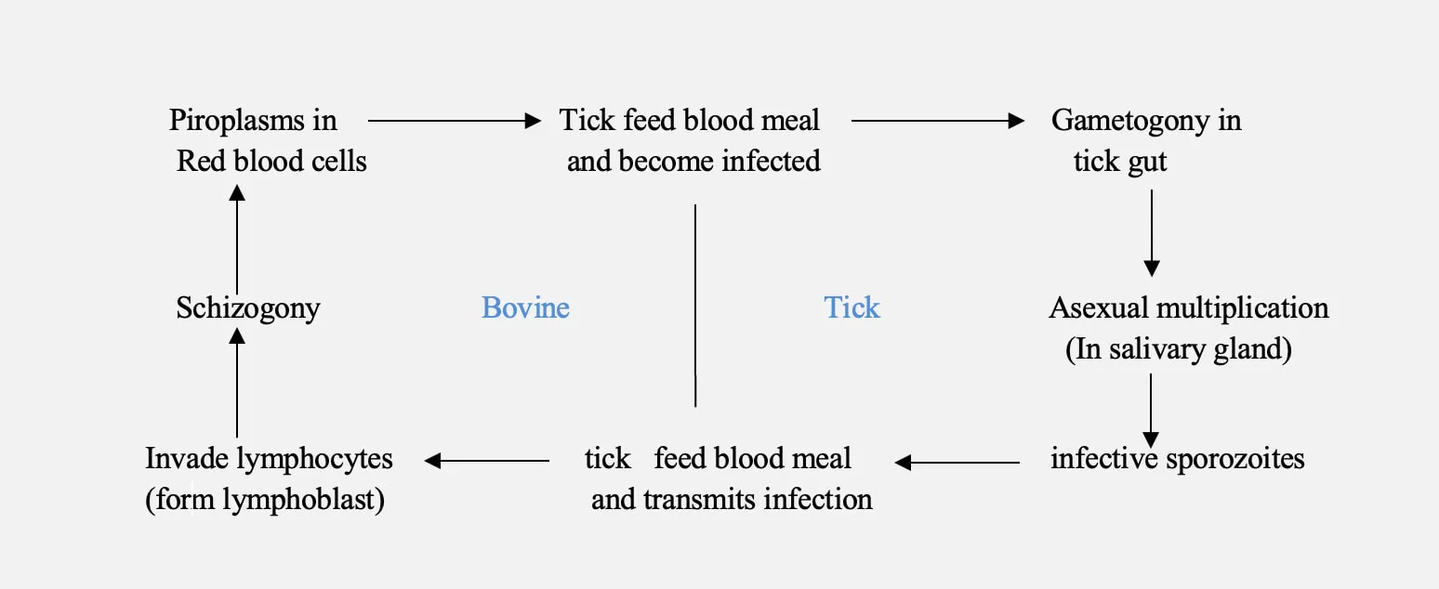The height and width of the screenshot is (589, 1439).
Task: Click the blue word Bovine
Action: tap(525, 308)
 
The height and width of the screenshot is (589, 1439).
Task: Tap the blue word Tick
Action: tap(852, 308)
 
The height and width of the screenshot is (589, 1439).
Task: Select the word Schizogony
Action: tap(248, 308)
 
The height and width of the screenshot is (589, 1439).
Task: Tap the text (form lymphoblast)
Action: tap(265, 500)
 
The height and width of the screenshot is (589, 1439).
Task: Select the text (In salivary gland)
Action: tap(1179, 349)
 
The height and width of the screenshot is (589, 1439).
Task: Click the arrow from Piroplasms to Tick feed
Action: tap(454, 120)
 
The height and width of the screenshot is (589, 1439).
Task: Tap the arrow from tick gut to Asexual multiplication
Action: tap(1152, 232)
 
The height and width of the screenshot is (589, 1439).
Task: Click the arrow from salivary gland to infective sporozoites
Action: tap(1152, 410)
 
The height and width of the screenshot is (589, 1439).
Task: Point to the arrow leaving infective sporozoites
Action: tap(957, 461)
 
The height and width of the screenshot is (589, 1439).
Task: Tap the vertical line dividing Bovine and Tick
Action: tap(695, 306)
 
